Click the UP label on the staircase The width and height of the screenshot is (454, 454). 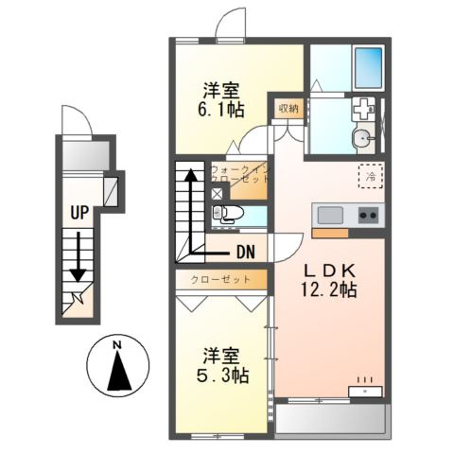coord(78,212)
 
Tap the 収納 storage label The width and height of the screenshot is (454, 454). coord(288,108)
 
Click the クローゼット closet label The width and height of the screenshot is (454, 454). coord(220,280)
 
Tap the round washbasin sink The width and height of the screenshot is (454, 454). coord(360,140)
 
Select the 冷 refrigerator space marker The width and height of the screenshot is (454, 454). coord(371,176)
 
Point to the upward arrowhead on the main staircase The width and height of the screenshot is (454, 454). coord(190,174)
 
